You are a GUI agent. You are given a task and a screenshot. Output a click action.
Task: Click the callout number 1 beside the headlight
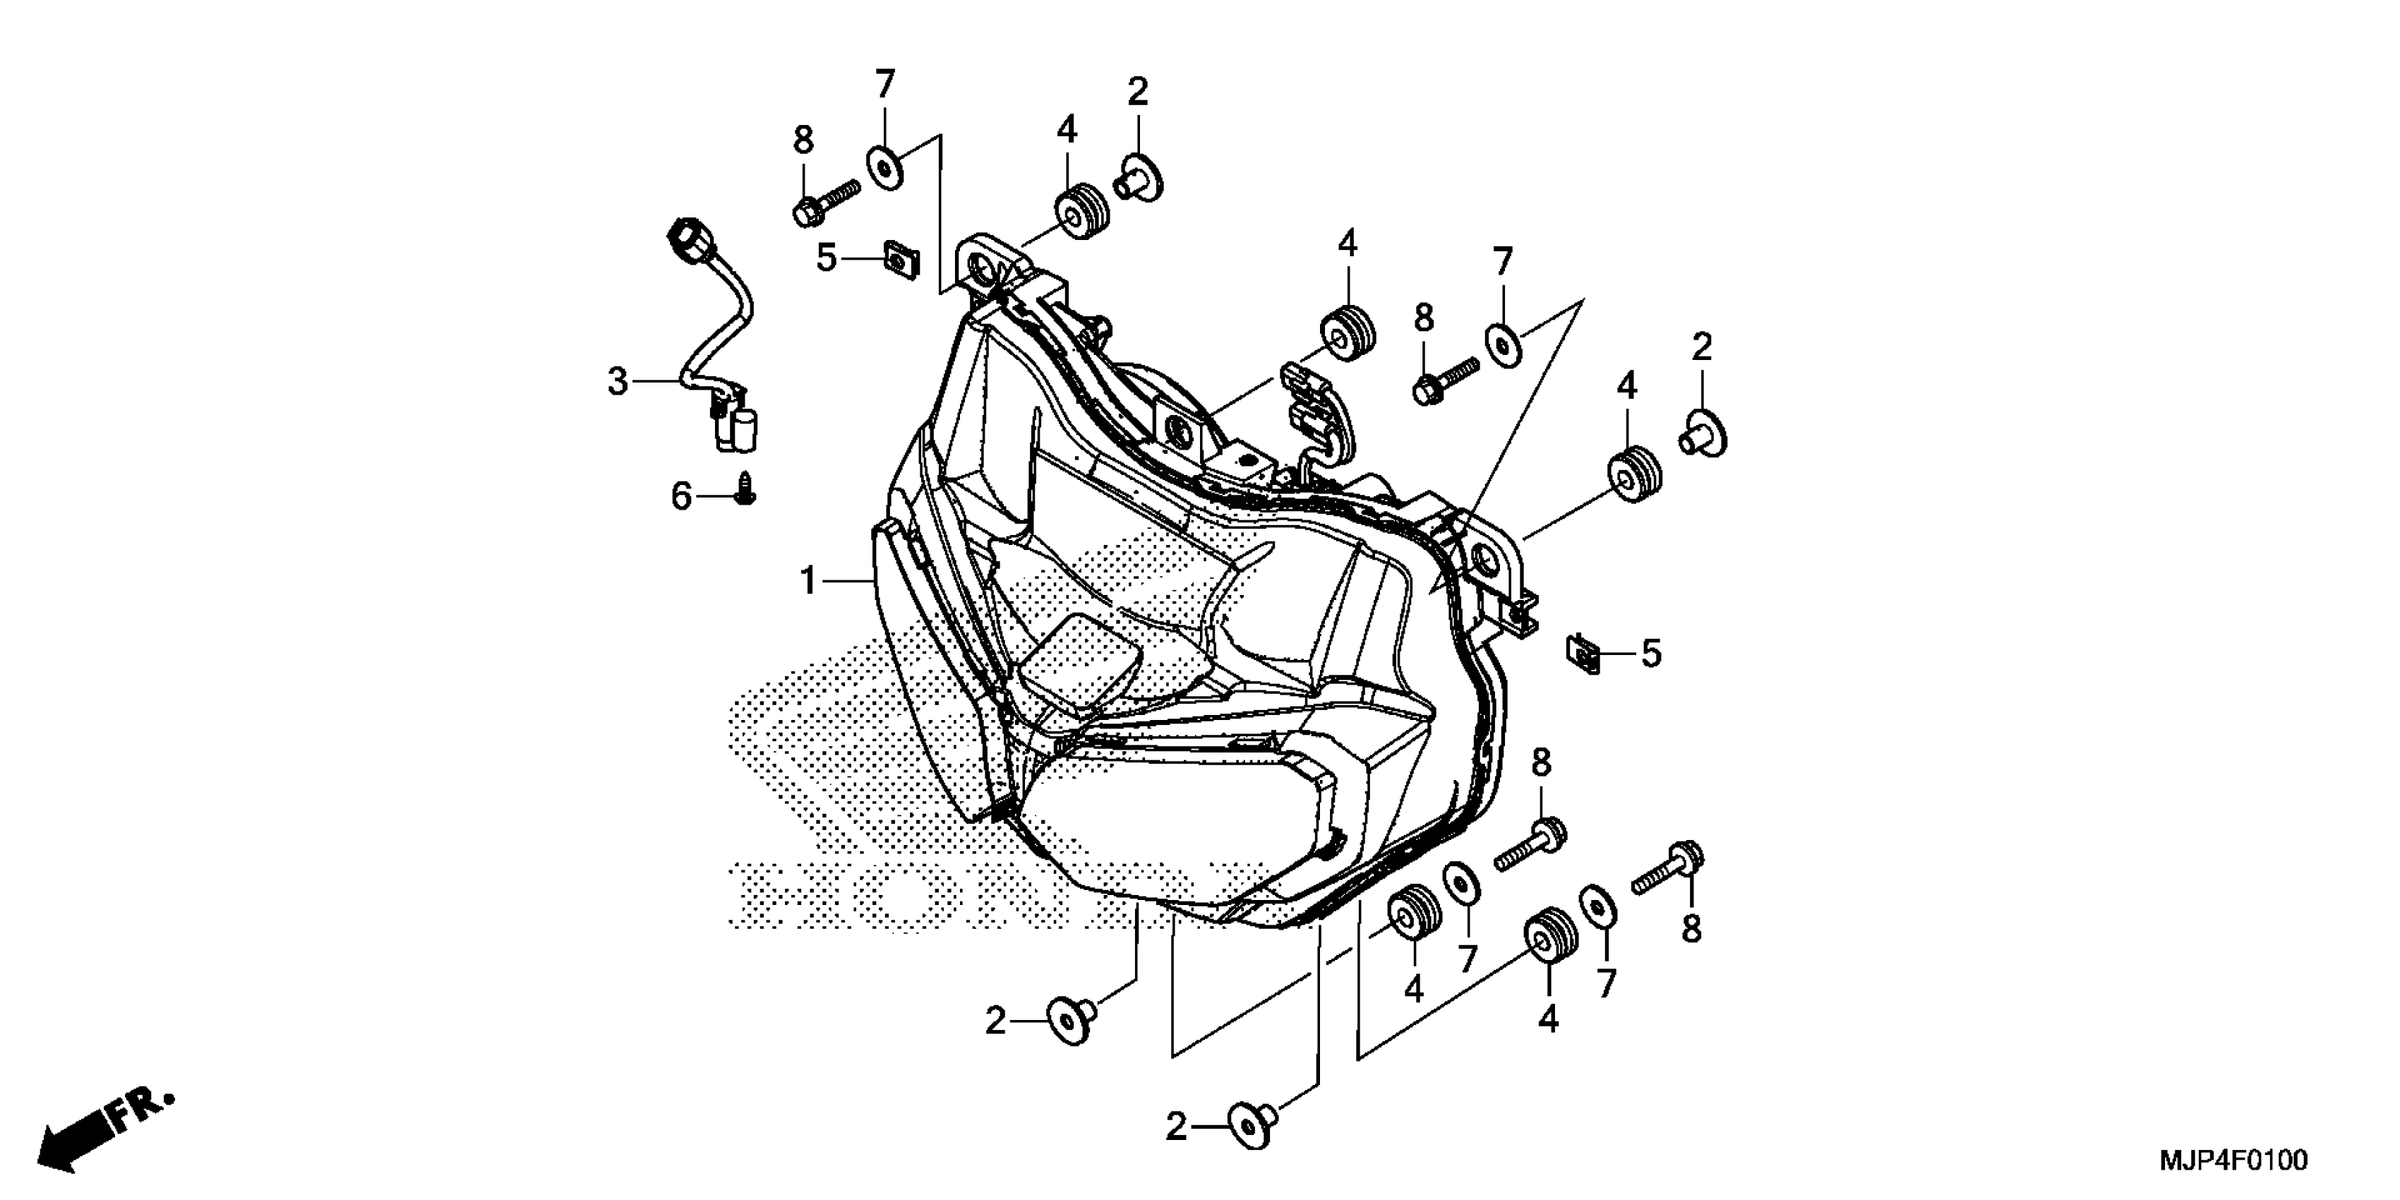point(808,582)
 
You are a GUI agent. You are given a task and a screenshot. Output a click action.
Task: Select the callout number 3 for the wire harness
point(618,382)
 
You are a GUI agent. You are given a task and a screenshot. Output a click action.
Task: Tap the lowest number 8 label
point(1691,929)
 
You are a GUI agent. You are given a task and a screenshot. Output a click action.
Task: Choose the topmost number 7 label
point(884,85)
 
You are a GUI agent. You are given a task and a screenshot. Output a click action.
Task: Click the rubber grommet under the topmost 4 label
point(1081,215)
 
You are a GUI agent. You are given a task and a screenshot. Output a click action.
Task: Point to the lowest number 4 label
point(1547,1020)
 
